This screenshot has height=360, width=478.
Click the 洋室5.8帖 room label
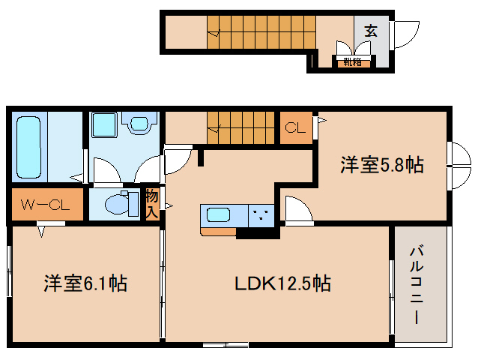point(382,165)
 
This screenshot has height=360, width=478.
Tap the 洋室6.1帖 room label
point(85,283)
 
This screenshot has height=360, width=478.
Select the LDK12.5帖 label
point(283,283)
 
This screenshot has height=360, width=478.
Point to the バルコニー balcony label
point(416,284)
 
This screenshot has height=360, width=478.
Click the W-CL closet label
point(44,205)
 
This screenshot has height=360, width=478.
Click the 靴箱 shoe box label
point(353,61)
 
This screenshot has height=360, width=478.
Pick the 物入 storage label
point(152,202)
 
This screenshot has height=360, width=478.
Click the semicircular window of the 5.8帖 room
point(459,165)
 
